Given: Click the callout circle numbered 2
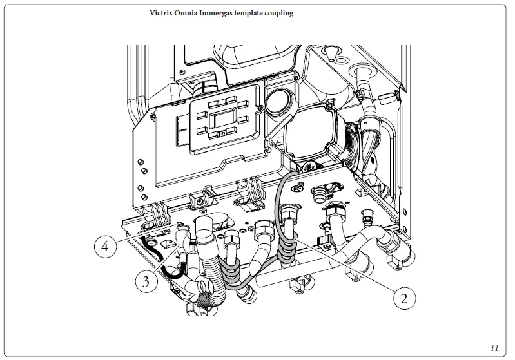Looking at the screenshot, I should point(404,298).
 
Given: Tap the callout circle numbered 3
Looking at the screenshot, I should point(146,281).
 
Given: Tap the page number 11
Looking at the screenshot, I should point(494,348).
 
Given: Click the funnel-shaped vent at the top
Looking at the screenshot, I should point(333,52).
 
